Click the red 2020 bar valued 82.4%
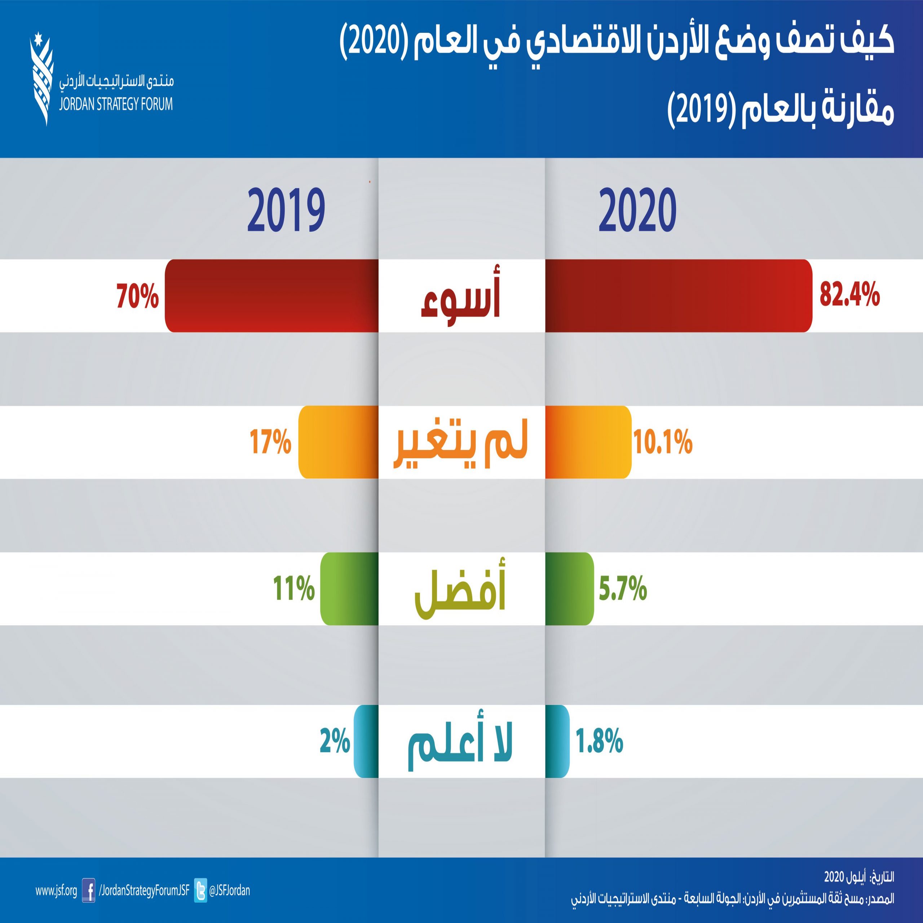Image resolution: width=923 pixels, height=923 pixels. tap(679, 296)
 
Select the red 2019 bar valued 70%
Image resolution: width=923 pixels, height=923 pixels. tap(271, 296)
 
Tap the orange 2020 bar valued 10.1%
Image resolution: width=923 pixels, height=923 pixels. tap(588, 442)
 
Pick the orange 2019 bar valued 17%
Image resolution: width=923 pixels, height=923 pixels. tap(338, 442)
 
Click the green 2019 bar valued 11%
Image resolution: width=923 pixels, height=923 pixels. tap(349, 588)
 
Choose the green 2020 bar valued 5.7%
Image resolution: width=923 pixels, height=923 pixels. tap(569, 588)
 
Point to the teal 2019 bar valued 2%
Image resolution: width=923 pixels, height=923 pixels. tap(366, 741)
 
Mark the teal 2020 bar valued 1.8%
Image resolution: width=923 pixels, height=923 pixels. tap(557, 741)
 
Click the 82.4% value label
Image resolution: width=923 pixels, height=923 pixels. tap(849, 296)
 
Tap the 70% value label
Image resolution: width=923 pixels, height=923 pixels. tap(138, 296)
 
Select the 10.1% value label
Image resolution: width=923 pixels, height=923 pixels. tap(663, 442)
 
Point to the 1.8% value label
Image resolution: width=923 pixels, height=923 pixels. tap(600, 741)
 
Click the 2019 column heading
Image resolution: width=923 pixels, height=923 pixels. tap(286, 210)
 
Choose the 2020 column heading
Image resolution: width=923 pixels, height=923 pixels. tap(637, 210)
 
